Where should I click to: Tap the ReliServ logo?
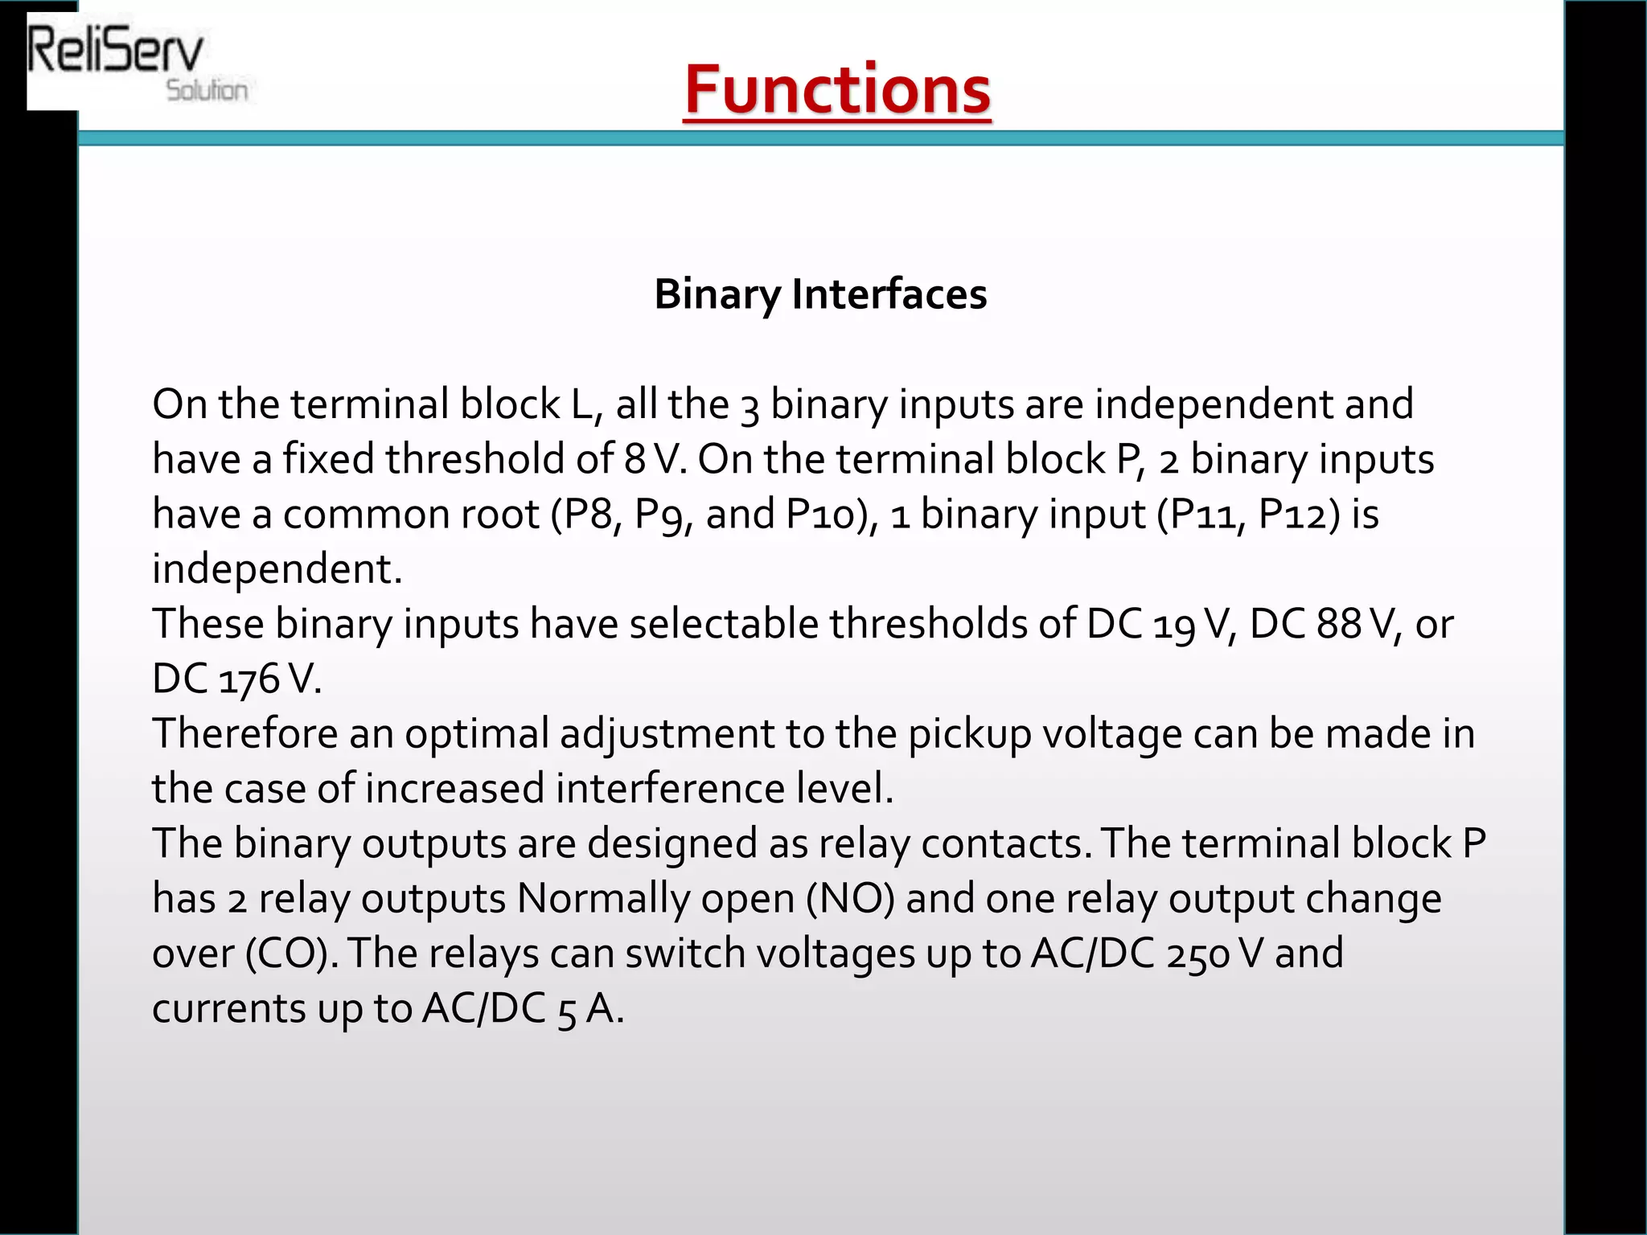pos(117,53)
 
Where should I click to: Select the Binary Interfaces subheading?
pos(820,293)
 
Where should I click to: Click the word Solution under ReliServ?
pos(207,90)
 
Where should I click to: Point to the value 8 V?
pos(655,459)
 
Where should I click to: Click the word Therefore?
pos(244,733)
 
